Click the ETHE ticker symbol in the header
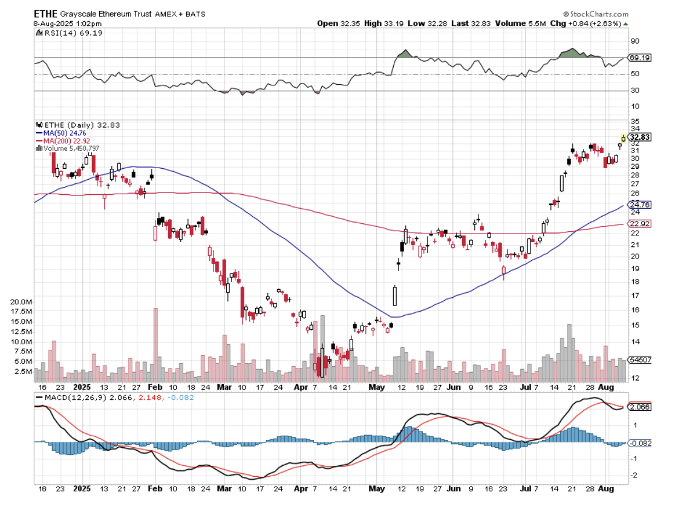point(45,14)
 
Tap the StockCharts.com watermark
point(595,13)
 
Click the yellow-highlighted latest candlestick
point(624,139)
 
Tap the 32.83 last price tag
point(639,137)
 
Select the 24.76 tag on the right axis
point(639,205)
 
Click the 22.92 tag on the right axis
point(639,224)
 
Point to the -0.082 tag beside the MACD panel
point(639,443)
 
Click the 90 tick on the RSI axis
point(635,41)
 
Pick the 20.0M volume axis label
point(22,301)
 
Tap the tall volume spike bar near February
point(155,343)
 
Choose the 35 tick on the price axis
point(635,122)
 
